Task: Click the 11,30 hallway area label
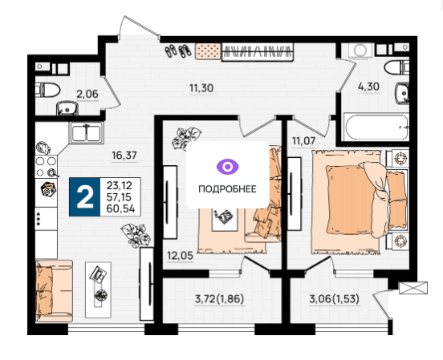pos(201,88)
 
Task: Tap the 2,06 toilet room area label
pos(87,94)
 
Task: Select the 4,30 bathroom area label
pos(368,87)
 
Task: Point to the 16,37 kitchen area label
pos(124,156)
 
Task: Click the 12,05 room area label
pos(181,256)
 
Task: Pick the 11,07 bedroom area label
pos(303,140)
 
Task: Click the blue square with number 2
pos(85,197)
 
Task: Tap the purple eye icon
pos(227,167)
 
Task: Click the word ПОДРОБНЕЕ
pos(227,189)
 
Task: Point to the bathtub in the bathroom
pos(376,127)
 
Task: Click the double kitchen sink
pos(86,133)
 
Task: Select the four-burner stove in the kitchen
pos(46,167)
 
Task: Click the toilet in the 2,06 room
pos(47,90)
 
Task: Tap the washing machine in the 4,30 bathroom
pos(360,51)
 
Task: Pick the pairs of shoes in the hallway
pos(178,51)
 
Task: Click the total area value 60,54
pos(120,209)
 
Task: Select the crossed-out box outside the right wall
pos(413,288)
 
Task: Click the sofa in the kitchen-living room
pos(54,291)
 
